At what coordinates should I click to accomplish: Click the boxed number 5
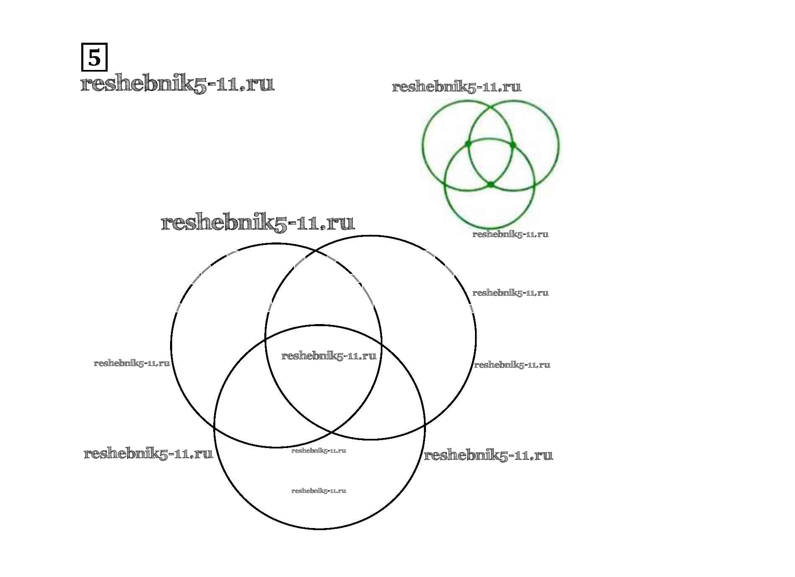pos(94,57)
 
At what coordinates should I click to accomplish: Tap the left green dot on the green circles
pos(468,144)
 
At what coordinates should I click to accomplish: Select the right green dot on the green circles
pos(513,145)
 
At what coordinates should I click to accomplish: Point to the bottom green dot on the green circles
pos(490,184)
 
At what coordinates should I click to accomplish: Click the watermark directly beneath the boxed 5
pos(177,84)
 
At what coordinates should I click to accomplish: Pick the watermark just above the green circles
pos(456,87)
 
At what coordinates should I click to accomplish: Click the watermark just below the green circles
pos(510,234)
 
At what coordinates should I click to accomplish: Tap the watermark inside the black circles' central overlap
pos(329,355)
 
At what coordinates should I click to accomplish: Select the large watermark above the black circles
pos(258,222)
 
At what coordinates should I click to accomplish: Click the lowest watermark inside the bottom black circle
pos(319,491)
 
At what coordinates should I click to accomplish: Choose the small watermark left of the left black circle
pos(132,363)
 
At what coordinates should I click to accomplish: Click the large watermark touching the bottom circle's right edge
pos(488,455)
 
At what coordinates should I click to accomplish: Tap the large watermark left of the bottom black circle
pos(148,453)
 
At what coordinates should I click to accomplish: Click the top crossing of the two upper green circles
pos(490,107)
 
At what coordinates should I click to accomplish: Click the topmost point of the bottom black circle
pos(319,325)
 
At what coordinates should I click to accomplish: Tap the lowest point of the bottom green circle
pos(490,228)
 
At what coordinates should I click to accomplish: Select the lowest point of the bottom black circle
pos(319,529)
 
